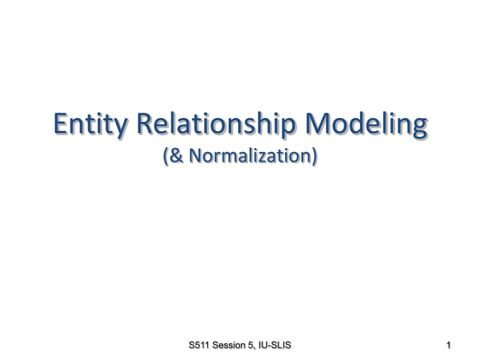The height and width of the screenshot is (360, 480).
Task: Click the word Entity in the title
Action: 90,124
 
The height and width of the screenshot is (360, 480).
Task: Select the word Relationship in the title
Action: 216,124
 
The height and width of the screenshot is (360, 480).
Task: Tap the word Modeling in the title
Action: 366,124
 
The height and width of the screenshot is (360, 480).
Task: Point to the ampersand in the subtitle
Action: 176,155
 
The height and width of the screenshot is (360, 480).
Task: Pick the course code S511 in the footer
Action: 199,345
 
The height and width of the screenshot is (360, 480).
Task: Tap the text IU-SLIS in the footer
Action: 274,345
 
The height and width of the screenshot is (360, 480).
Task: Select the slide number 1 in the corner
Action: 448,345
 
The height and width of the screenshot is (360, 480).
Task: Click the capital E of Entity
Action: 60,123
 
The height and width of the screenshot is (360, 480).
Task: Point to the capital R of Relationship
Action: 144,123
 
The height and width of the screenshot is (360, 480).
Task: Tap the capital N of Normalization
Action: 196,155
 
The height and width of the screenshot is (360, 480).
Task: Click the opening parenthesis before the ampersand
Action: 165,156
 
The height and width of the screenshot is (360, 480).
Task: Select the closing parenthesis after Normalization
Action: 314,156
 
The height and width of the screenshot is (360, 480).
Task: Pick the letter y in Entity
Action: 120,128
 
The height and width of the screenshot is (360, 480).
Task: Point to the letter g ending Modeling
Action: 419,128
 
